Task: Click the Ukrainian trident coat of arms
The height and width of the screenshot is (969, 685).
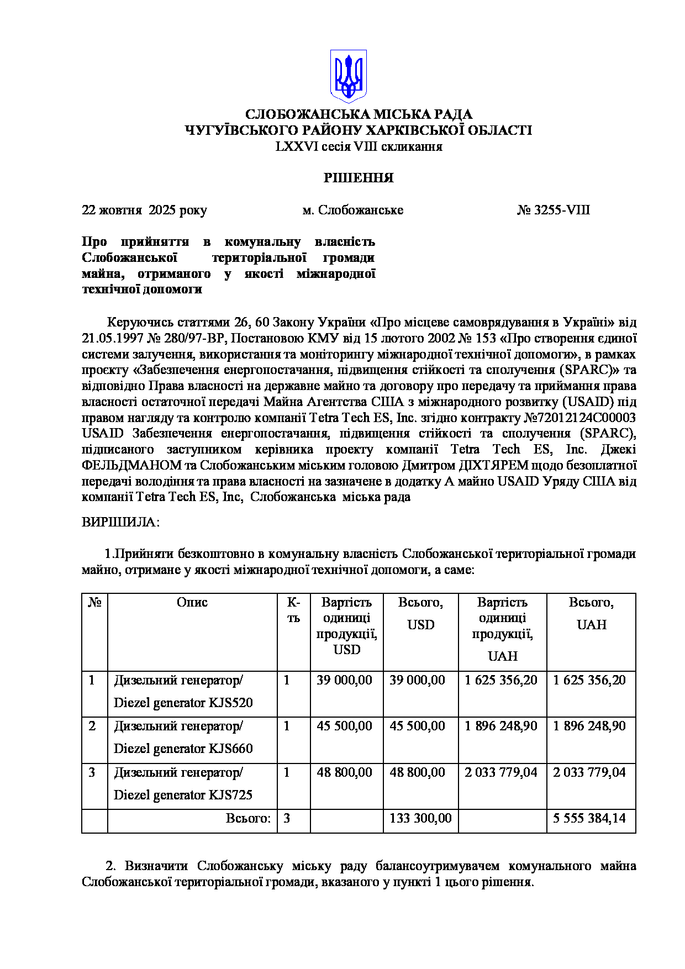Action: (348, 76)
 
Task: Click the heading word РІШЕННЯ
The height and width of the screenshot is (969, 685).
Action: (359, 178)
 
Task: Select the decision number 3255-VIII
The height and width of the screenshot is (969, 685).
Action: (554, 210)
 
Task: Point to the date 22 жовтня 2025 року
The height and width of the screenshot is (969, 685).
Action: (144, 210)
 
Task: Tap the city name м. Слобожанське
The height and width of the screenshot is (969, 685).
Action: (353, 210)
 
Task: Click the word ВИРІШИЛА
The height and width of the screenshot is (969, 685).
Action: (120, 522)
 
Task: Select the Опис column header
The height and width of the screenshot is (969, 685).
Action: (192, 602)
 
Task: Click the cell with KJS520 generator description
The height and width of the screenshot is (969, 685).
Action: (183, 692)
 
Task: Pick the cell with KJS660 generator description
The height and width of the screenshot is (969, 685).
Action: (183, 738)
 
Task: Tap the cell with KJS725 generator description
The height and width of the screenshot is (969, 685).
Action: (183, 784)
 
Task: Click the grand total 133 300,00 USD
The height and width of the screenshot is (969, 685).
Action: (420, 818)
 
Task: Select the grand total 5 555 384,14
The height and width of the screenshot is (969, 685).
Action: (589, 818)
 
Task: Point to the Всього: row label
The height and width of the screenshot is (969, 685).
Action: (248, 818)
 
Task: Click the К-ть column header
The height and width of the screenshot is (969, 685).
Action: (293, 610)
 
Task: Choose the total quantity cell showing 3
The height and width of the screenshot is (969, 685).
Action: (287, 818)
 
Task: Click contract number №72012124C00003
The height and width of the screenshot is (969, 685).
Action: (579, 418)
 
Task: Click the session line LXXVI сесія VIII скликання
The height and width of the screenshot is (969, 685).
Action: (359, 146)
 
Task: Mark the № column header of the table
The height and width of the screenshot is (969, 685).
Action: (94, 602)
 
